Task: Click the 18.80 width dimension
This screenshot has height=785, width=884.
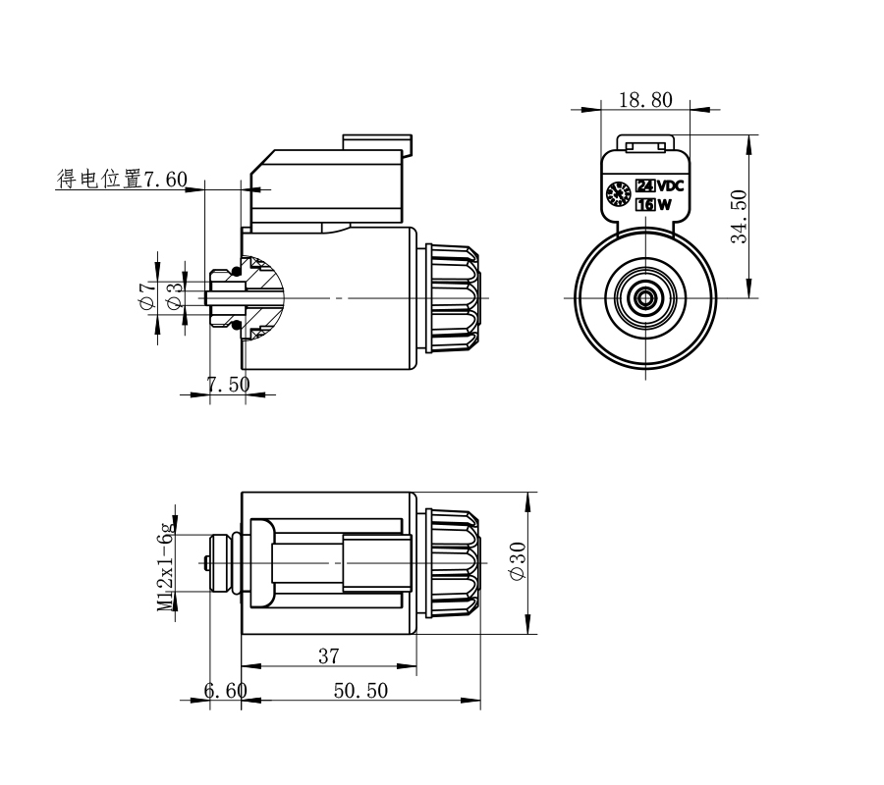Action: click(x=645, y=99)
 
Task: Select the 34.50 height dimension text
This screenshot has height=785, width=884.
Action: click(x=740, y=215)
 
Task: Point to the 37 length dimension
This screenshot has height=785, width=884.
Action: click(x=328, y=656)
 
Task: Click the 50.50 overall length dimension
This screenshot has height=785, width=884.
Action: click(x=359, y=691)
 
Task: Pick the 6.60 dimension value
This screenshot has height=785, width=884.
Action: click(x=225, y=691)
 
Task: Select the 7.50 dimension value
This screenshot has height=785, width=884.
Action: click(x=228, y=385)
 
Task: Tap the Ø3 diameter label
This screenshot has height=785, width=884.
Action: click(x=174, y=295)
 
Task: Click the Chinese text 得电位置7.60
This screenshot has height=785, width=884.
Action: click(x=122, y=179)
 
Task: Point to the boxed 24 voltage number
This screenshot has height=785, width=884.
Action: click(x=645, y=186)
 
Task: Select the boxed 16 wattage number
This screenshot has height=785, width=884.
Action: click(x=645, y=205)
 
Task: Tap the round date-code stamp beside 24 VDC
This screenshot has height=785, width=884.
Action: click(x=619, y=194)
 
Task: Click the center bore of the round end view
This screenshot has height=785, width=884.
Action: click(x=646, y=295)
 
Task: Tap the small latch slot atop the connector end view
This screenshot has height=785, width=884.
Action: click(x=646, y=146)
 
